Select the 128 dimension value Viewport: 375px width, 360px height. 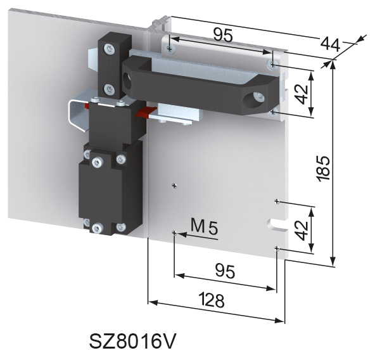pos(211,301)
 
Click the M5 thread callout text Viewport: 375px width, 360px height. pos(204,226)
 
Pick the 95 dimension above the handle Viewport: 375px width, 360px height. pos(222,35)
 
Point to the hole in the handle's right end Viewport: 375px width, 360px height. pos(258,98)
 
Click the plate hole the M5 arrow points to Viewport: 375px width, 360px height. pos(174,233)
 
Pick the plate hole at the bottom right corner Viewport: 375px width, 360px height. pos(277,248)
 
